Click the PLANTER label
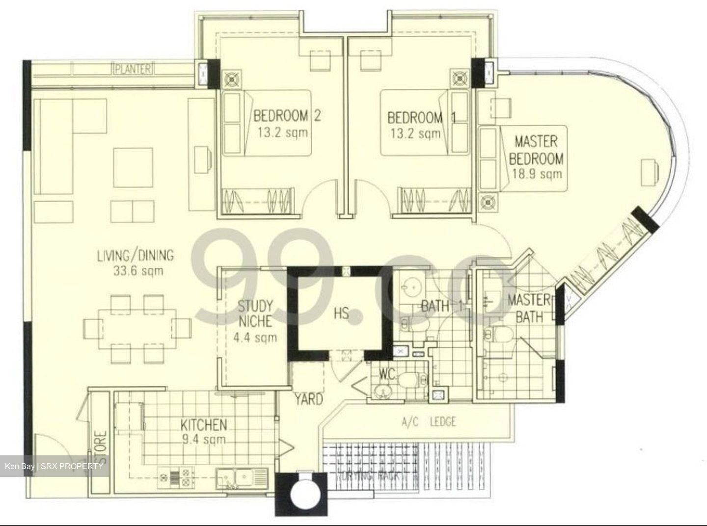tap(133, 69)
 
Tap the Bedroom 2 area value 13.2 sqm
tap(282, 132)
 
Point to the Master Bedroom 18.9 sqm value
tap(536, 174)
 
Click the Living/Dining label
tap(135, 255)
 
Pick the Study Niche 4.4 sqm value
tap(255, 337)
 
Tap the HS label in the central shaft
tap(341, 313)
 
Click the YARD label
tap(309, 399)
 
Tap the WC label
tap(387, 374)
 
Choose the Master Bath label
tap(529, 308)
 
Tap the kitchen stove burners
tap(180, 476)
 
